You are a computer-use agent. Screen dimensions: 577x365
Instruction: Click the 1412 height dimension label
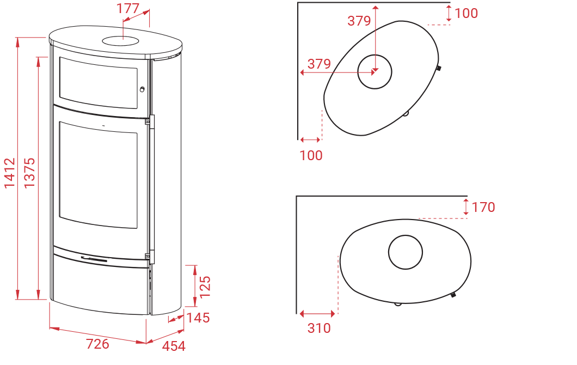(x=10, y=173)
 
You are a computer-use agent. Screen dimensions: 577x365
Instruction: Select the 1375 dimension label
(x=29, y=173)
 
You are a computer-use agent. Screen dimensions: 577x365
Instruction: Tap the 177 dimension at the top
(x=128, y=8)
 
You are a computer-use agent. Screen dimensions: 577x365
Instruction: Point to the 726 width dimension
(x=97, y=344)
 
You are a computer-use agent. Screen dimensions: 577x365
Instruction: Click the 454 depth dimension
(x=174, y=346)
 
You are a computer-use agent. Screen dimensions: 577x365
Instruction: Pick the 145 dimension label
(x=198, y=318)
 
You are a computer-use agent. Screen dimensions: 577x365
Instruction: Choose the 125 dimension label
(x=205, y=287)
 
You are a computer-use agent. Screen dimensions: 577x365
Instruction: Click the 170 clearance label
(x=483, y=207)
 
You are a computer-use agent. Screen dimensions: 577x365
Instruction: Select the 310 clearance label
(x=319, y=328)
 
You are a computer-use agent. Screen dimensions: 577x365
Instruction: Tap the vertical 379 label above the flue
(x=359, y=21)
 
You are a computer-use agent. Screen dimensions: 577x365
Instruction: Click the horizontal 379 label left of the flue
(x=319, y=64)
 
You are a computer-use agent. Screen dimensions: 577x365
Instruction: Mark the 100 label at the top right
(x=466, y=13)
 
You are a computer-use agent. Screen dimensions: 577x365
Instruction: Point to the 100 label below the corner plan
(x=311, y=155)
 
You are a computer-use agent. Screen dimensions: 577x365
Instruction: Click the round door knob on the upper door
(x=142, y=89)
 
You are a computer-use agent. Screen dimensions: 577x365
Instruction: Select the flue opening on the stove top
(x=121, y=40)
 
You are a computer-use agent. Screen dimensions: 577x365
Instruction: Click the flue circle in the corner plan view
(x=375, y=72)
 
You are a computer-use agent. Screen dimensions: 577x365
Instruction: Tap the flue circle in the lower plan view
(x=406, y=252)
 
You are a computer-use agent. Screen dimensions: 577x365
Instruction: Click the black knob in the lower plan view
(x=453, y=295)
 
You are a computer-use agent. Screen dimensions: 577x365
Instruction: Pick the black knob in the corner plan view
(x=439, y=68)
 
